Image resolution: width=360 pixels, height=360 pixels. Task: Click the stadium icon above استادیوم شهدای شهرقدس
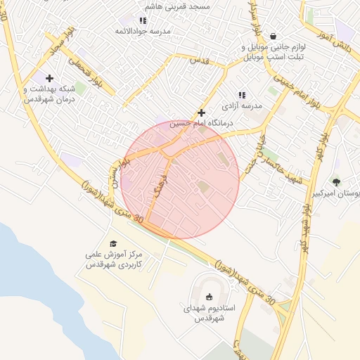(210, 296)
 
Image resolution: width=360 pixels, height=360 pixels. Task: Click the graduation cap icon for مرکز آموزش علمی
(113, 243)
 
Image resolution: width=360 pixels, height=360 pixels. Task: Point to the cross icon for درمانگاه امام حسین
(201, 112)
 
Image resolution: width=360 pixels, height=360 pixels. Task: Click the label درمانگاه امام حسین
(202, 124)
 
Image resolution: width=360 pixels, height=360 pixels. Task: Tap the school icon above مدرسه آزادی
(242, 94)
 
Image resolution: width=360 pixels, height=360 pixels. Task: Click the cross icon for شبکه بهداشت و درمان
(49, 78)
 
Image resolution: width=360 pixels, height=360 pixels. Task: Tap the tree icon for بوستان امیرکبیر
(336, 182)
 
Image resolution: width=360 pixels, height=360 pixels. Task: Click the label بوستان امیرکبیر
(339, 193)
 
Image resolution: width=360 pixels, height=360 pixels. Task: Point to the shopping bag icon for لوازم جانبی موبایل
(272, 36)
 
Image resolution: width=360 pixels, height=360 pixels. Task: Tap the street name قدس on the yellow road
(200, 62)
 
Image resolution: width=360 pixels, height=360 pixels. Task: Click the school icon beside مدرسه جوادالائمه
(143, 21)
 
